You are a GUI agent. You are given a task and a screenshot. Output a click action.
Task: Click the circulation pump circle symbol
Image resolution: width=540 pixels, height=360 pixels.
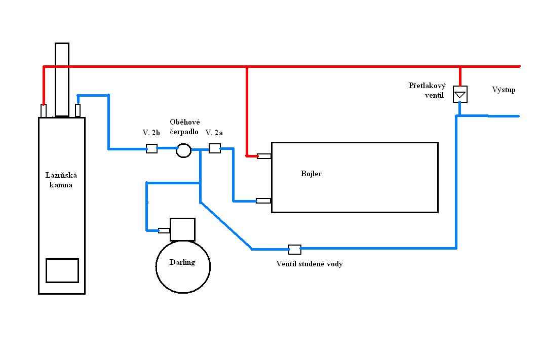click(183, 150)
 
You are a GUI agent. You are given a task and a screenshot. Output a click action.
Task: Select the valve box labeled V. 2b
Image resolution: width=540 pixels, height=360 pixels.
click(151, 148)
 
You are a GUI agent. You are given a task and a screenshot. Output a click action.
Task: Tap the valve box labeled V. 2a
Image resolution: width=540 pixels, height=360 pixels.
click(215, 148)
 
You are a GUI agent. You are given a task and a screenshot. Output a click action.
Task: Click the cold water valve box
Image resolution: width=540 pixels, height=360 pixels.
click(294, 250)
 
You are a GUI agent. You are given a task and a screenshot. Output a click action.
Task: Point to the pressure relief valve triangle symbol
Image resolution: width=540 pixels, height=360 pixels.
click(460, 94)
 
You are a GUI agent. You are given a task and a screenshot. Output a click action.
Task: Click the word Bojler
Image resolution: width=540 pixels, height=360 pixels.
click(311, 174)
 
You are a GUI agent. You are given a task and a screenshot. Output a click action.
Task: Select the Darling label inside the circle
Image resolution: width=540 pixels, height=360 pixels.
click(182, 262)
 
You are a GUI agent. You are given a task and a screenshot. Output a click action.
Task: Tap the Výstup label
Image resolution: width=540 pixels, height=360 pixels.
click(504, 90)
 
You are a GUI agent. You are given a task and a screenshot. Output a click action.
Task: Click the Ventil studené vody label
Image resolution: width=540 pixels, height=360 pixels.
click(310, 264)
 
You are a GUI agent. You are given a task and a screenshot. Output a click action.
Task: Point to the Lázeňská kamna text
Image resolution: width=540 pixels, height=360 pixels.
click(61, 180)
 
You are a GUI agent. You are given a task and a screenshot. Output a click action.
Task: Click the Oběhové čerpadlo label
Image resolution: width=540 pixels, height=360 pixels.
click(184, 127)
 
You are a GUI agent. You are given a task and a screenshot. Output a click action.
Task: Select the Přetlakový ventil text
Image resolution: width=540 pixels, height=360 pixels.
click(427, 90)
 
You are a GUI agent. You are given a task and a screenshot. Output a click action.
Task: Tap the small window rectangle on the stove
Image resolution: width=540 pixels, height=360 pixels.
click(62, 270)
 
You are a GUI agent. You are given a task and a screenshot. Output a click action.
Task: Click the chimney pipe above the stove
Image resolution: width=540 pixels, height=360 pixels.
click(62, 80)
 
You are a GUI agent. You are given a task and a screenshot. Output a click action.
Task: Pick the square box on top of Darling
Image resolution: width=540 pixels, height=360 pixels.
click(182, 229)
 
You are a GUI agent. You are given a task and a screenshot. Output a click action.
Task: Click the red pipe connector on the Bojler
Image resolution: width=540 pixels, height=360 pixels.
click(264, 156)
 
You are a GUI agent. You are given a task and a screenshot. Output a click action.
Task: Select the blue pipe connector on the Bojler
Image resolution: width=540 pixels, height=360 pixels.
click(263, 201)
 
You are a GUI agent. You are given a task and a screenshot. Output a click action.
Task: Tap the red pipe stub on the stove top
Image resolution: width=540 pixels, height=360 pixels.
click(44, 111)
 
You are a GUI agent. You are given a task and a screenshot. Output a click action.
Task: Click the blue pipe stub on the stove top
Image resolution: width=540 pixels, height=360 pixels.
click(78, 110)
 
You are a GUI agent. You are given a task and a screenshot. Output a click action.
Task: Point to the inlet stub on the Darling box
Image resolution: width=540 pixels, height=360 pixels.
click(164, 230)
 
